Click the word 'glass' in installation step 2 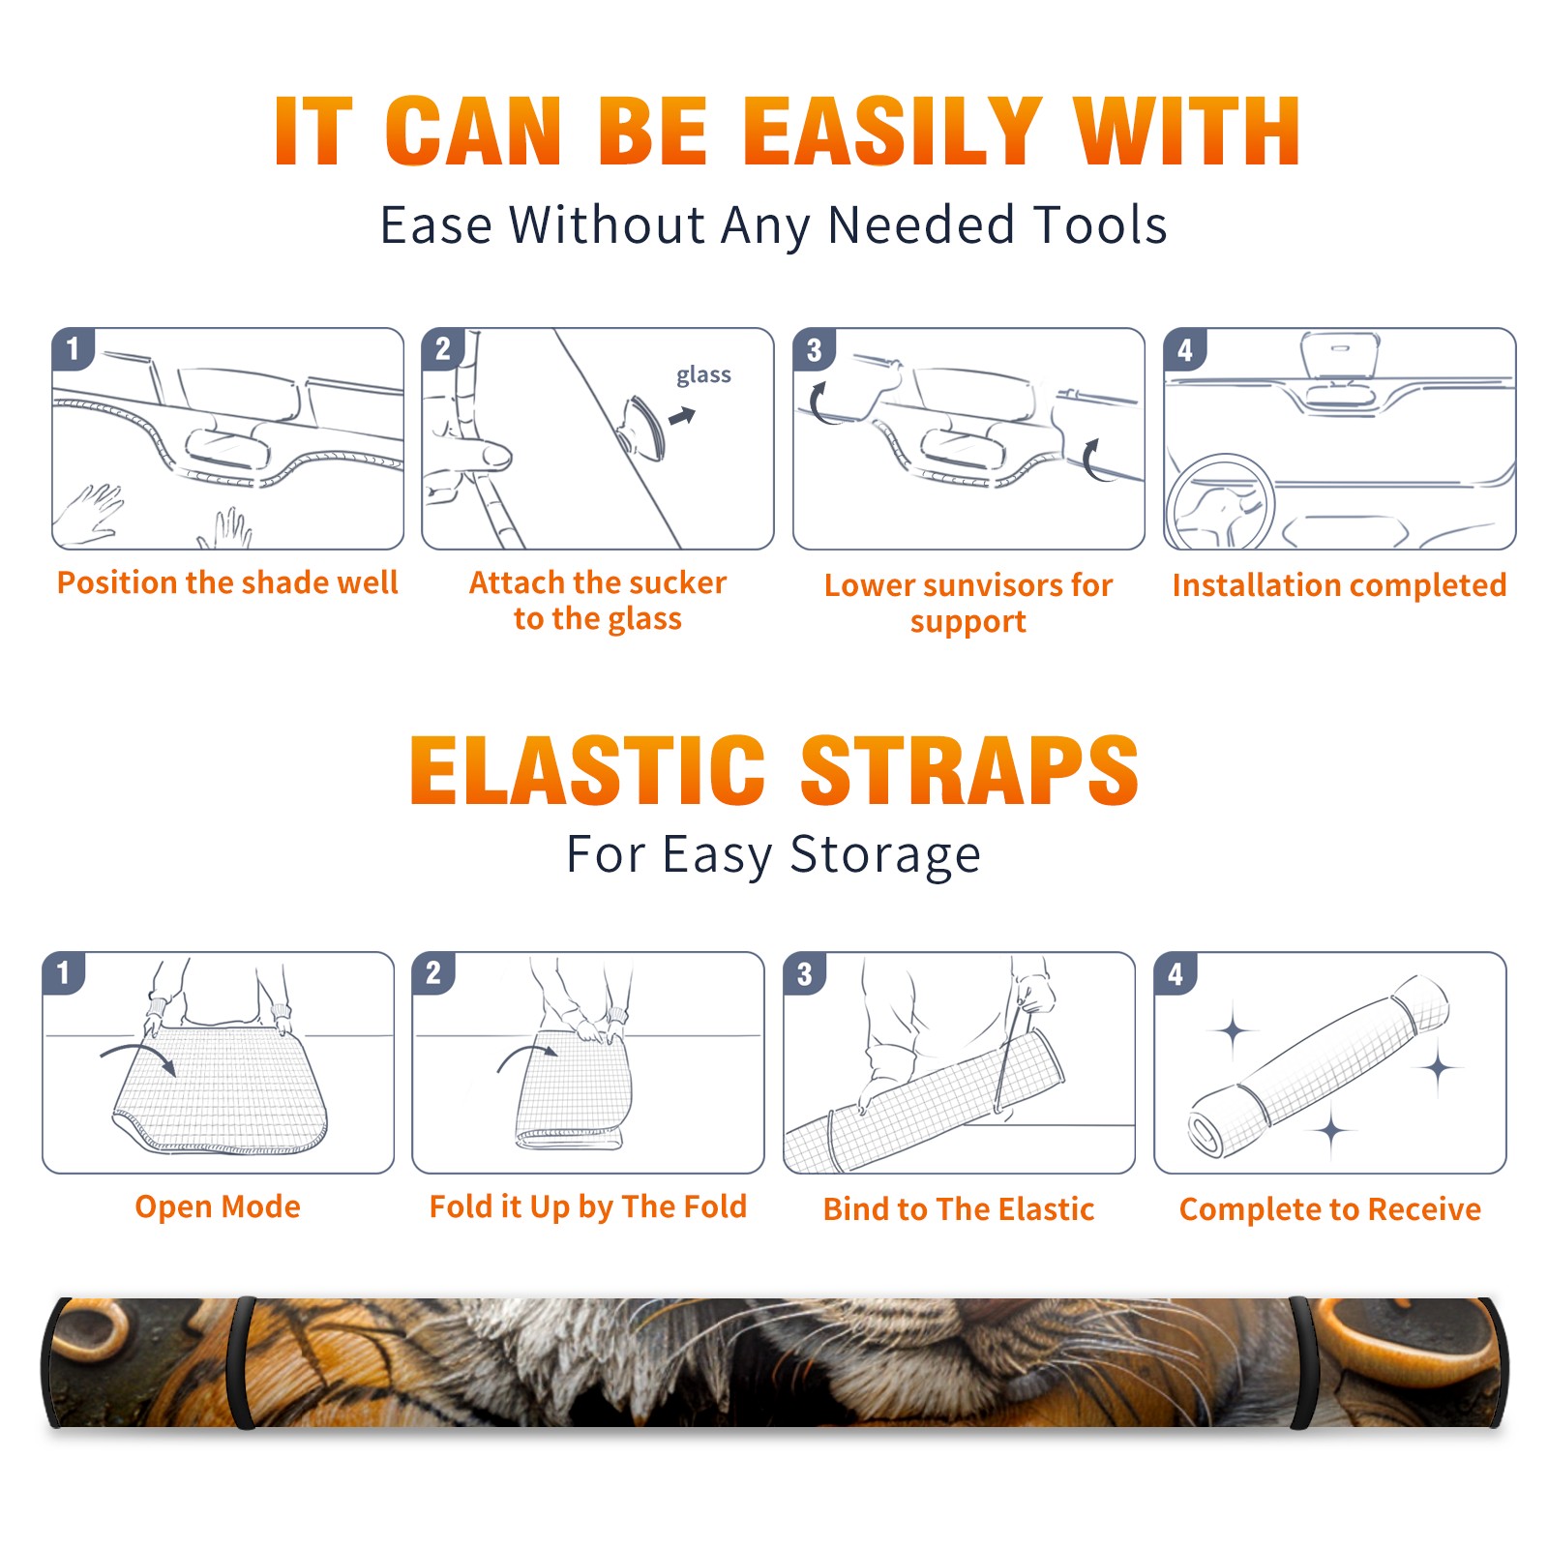(703, 375)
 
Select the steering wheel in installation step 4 (1219, 503)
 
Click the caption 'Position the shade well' (227, 582)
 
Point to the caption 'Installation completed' (1339, 584)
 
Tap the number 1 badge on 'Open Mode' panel (64, 972)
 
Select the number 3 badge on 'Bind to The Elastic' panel (805, 973)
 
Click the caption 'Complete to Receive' (1330, 1208)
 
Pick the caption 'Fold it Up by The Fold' (588, 1206)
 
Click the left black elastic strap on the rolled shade (241, 1362)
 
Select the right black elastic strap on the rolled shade (1301, 1362)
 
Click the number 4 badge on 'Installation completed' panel (1185, 349)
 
